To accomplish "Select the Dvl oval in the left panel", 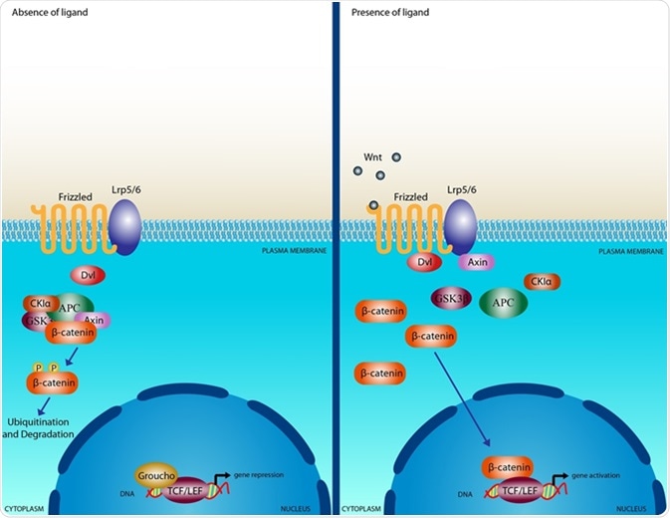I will click(88, 274).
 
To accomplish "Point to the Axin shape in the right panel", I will click(476, 262).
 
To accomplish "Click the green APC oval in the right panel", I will click(503, 303).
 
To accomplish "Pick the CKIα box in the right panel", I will click(542, 282).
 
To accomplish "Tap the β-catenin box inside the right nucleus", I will click(508, 465).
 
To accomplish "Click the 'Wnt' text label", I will click(372, 157).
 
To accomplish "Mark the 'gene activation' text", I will click(596, 477).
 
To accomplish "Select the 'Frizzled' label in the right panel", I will click(409, 197).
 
